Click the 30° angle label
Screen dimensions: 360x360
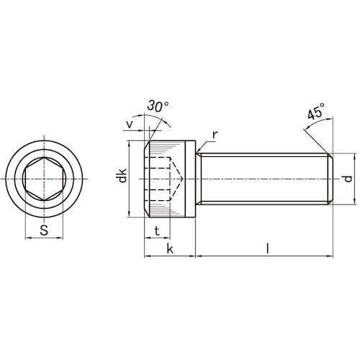pos(158,106)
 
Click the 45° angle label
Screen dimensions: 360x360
pos(316,112)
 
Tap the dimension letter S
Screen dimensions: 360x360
pos(44,230)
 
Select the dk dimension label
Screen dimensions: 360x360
pos(122,176)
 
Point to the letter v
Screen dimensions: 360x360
pos(130,124)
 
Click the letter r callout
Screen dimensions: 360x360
pos(215,135)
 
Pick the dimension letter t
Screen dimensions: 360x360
pos(157,231)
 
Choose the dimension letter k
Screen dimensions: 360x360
pos(170,249)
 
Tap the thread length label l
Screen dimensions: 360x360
pos(268,248)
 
